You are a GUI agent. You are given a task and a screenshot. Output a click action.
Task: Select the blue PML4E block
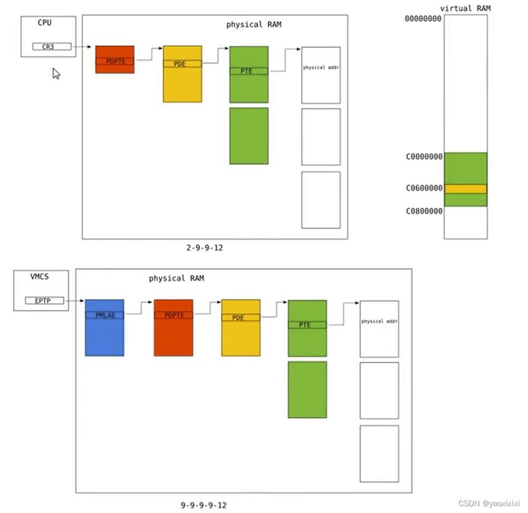point(104,328)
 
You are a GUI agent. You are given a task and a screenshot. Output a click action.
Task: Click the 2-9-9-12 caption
point(204,248)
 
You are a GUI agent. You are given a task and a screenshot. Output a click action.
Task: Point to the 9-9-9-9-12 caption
point(203,505)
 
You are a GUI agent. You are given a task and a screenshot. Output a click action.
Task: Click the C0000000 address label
point(424,157)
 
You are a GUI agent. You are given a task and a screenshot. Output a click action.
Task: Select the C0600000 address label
point(424,188)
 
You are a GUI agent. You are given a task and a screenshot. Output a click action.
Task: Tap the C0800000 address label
point(424,211)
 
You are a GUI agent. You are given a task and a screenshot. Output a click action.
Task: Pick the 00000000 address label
point(423,18)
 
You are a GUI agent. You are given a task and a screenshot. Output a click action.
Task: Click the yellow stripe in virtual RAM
point(465,189)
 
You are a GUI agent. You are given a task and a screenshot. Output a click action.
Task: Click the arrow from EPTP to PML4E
point(74,301)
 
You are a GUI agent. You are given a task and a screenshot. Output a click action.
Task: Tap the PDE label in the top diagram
point(180,64)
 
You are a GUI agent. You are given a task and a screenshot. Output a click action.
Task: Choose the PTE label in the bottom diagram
point(305,325)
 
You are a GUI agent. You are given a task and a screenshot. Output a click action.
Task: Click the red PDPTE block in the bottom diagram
point(174,328)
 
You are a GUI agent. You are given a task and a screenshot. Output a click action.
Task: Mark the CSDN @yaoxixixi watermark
point(489,503)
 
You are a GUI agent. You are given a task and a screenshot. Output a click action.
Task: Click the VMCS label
point(40,277)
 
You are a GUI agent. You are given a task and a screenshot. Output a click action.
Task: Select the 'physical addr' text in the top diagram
point(321,67)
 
